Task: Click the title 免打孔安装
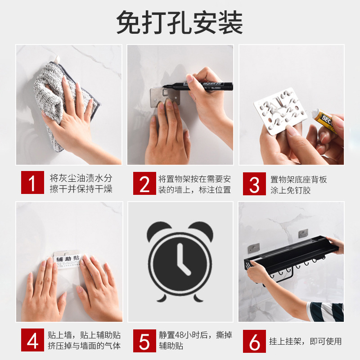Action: click(x=180, y=22)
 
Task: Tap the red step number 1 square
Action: click(x=32, y=182)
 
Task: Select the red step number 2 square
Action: click(x=144, y=184)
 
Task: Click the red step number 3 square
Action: click(x=254, y=184)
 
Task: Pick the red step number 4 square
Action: click(x=32, y=340)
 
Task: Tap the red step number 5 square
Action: click(x=144, y=341)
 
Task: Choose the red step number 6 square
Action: click(x=254, y=341)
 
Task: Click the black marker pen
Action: click(x=198, y=86)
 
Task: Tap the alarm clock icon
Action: click(x=180, y=262)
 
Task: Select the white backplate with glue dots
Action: click(x=280, y=111)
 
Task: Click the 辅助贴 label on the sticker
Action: click(x=68, y=259)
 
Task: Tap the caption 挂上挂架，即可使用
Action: click(x=306, y=342)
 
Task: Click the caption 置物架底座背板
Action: click(x=298, y=180)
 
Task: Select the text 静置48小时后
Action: click(x=185, y=335)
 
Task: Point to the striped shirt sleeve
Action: click(x=326, y=312)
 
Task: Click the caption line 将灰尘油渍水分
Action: click(x=81, y=178)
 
